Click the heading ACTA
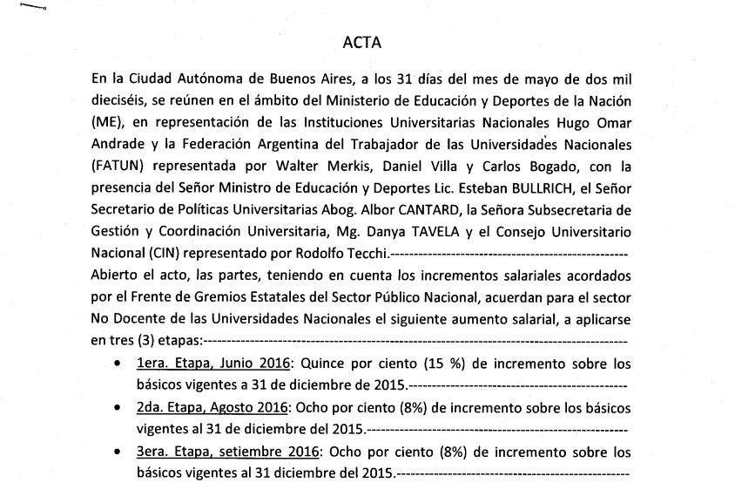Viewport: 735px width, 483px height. point(363,41)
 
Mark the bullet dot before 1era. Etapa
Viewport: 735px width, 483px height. point(118,365)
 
